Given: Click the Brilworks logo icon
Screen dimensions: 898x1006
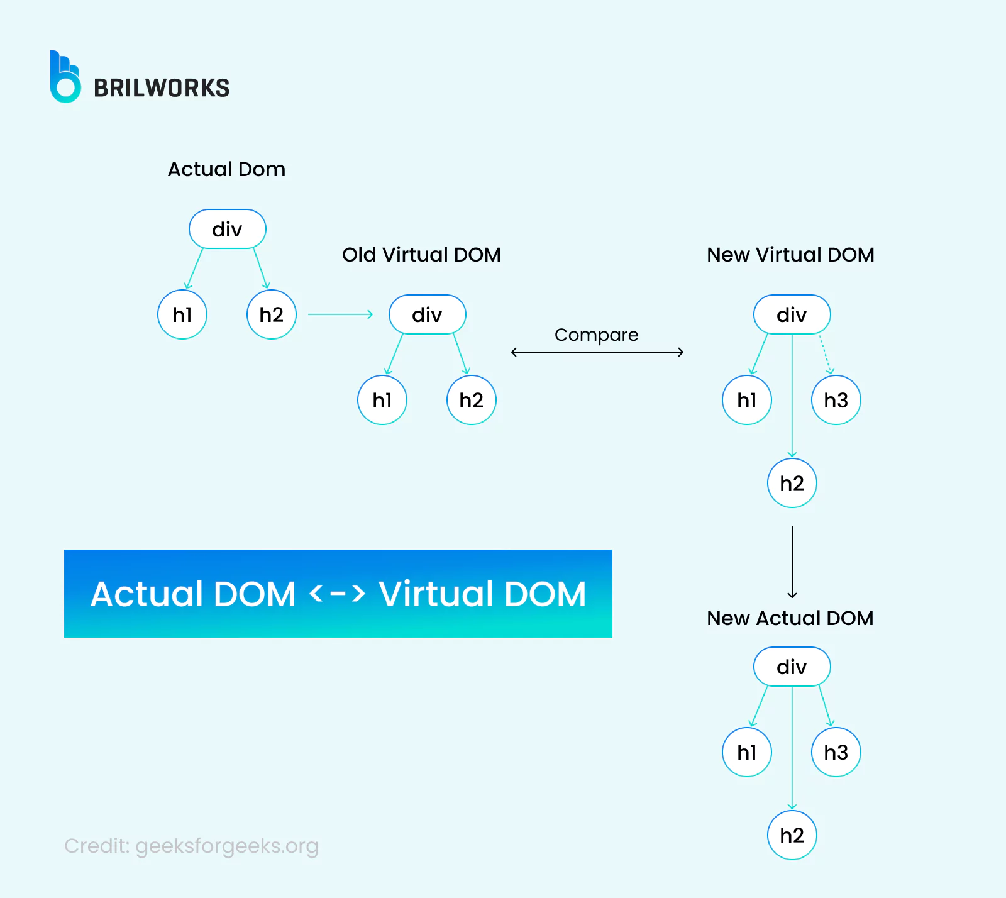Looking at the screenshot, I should pyautogui.click(x=65, y=77).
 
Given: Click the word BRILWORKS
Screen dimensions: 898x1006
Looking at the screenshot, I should pyautogui.click(x=162, y=88).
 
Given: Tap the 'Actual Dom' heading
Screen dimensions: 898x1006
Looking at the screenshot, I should pyautogui.click(x=226, y=169).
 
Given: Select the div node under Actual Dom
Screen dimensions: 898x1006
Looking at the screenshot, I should pyautogui.click(x=227, y=229).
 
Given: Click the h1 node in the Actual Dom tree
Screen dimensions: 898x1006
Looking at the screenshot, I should pyautogui.click(x=182, y=314).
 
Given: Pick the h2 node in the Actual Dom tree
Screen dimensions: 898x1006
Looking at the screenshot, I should pyautogui.click(x=272, y=314).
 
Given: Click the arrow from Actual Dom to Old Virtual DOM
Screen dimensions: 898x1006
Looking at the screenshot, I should pyautogui.click(x=340, y=314).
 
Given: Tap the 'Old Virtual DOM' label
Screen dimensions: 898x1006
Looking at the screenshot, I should pyautogui.click(x=421, y=255).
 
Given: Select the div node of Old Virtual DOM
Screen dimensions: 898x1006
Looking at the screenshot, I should pyautogui.click(x=427, y=314).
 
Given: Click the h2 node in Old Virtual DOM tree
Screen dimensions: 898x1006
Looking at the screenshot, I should pyautogui.click(x=472, y=400).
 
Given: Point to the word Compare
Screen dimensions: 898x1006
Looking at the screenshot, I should pyautogui.click(x=596, y=335).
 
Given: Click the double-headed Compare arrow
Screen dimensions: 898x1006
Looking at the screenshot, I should pyautogui.click(x=597, y=352).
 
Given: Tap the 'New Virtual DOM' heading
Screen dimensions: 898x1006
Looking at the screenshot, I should pyautogui.click(x=790, y=255).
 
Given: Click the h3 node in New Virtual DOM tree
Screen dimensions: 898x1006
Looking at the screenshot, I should pyautogui.click(x=836, y=400).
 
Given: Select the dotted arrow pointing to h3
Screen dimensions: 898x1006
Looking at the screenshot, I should pyautogui.click(x=826, y=354).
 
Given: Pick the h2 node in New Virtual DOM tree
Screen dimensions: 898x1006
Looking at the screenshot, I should pyautogui.click(x=792, y=483).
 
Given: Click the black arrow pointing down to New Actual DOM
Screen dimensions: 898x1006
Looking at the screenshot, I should pyautogui.click(x=792, y=562).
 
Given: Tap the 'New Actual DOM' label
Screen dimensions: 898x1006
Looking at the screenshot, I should pyautogui.click(x=790, y=618).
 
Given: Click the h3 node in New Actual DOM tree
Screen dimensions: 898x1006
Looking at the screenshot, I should pyautogui.click(x=836, y=752).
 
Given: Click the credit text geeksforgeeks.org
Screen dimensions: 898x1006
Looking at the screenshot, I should pyautogui.click(x=191, y=846).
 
